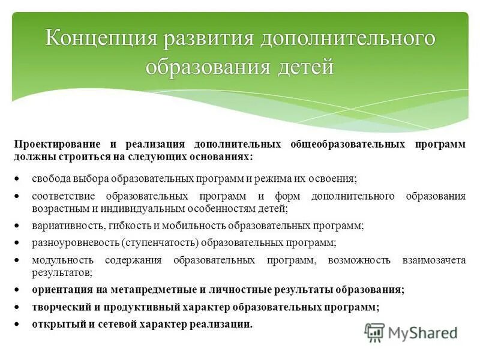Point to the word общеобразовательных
[x=347, y=145]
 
